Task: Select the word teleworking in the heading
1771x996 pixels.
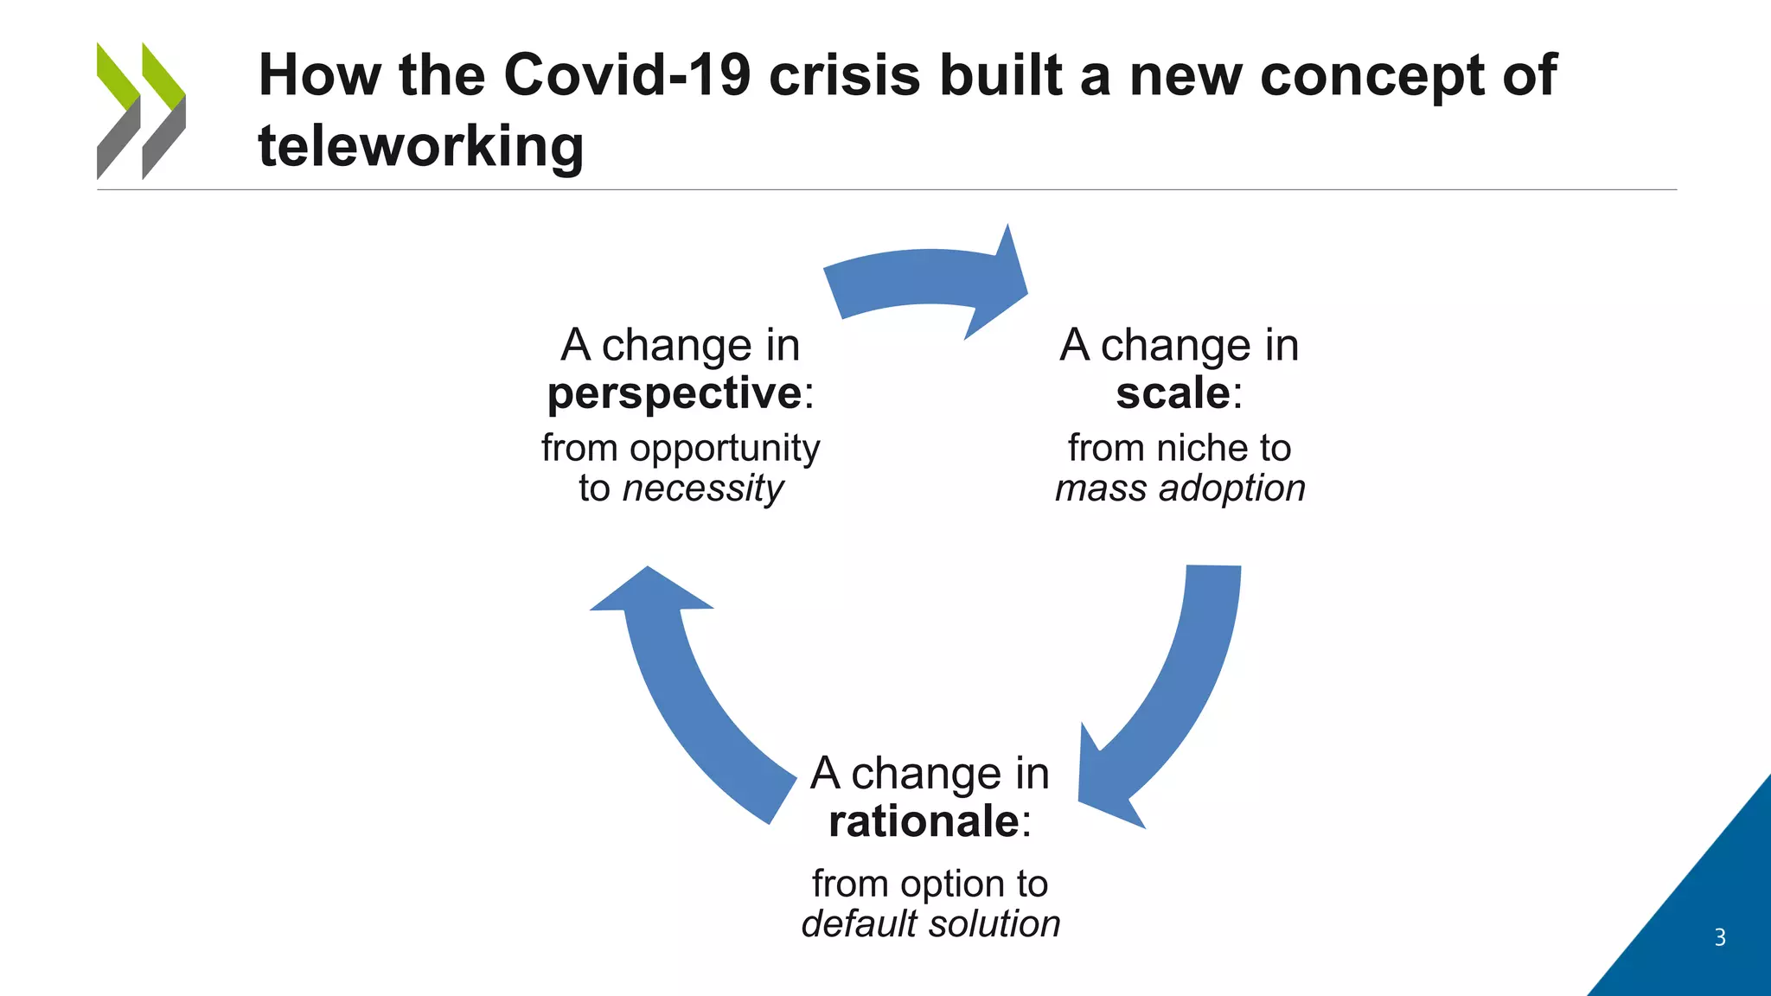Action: coord(421,146)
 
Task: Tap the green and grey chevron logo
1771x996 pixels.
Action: coord(141,111)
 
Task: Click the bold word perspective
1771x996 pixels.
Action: coord(675,393)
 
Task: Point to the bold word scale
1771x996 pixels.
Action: coord(1173,393)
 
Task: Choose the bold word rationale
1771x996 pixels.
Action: coord(924,820)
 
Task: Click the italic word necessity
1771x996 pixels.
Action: coord(702,488)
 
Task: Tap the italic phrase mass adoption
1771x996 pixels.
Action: coord(1180,488)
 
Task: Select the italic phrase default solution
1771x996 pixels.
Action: coord(930,923)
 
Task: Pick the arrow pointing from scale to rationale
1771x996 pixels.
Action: coord(1176,692)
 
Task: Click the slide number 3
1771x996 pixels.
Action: coord(1720,937)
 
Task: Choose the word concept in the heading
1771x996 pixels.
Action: coord(1371,75)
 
